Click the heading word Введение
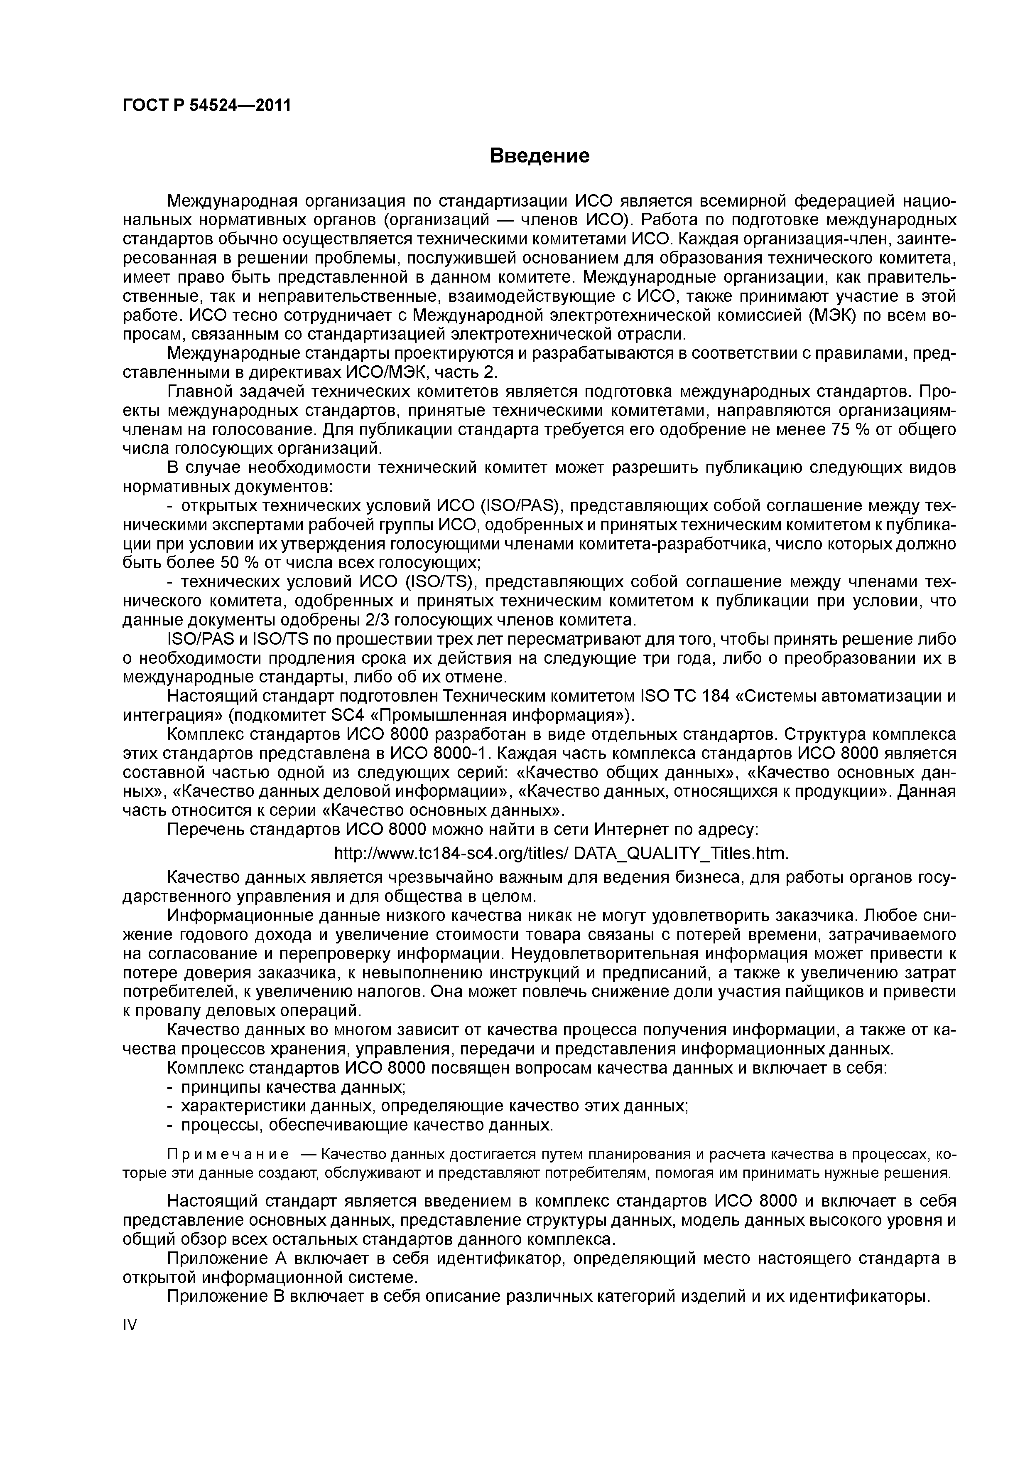click(x=540, y=155)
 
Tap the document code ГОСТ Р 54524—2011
click(x=206, y=105)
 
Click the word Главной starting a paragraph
click(x=199, y=392)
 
